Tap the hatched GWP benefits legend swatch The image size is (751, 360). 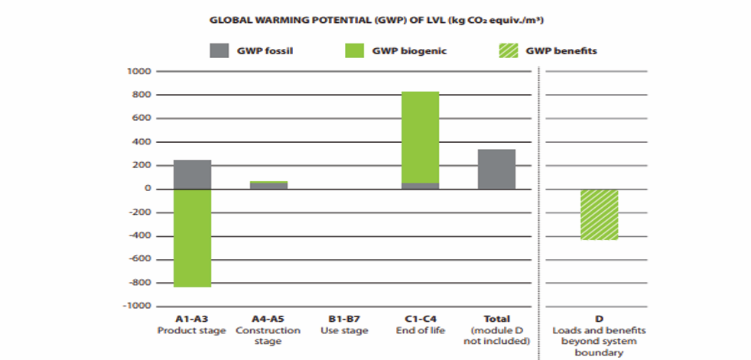[506, 51]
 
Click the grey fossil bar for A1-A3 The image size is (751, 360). [193, 174]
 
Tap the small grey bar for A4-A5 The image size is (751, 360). [268, 186]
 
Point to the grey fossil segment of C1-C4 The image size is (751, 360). [420, 186]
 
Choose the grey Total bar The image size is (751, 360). [496, 169]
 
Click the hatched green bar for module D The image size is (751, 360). [599, 215]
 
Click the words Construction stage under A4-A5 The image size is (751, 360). [268, 336]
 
